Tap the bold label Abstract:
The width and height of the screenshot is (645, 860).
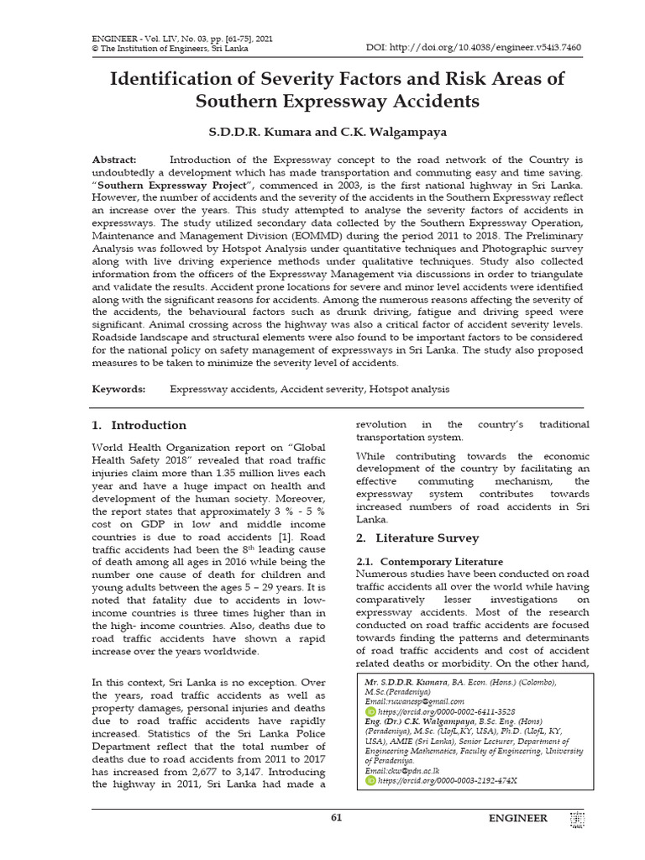click(113, 160)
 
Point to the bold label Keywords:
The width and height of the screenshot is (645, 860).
click(118, 390)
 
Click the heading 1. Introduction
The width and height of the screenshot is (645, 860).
click(139, 425)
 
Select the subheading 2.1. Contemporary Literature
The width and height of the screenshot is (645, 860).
click(430, 561)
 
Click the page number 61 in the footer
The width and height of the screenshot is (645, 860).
click(337, 818)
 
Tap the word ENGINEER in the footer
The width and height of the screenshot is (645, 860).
click(518, 818)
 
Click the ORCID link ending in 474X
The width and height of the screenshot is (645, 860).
click(447, 780)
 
